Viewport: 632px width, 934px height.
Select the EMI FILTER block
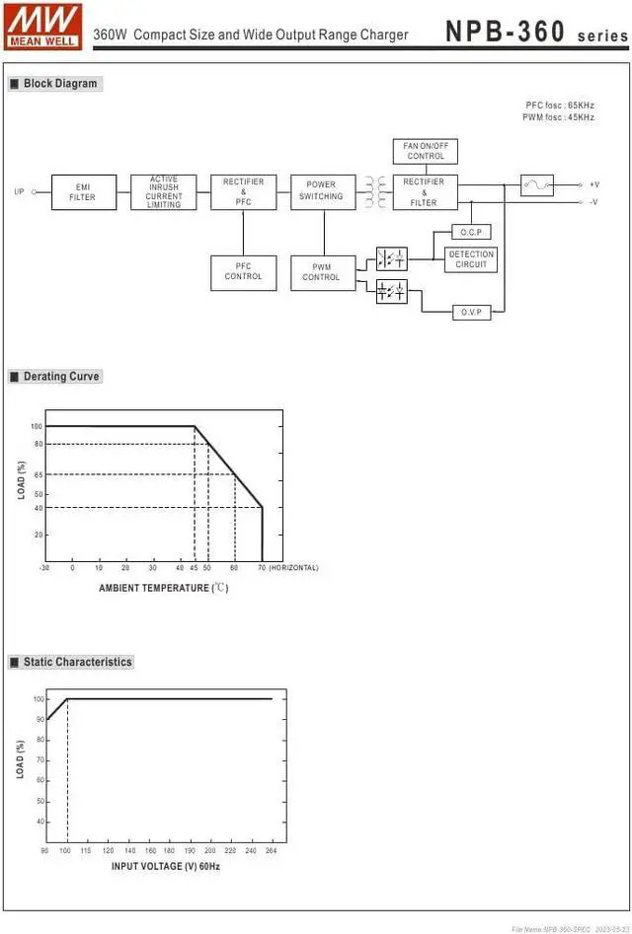click(83, 192)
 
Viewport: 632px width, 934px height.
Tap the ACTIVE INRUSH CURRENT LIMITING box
click(164, 192)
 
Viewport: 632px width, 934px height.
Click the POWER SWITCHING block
click(323, 191)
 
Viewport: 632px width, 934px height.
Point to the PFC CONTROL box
click(243, 272)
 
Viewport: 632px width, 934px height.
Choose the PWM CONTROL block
click(323, 272)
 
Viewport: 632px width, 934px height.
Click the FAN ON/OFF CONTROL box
click(425, 151)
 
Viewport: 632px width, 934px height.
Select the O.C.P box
click(471, 232)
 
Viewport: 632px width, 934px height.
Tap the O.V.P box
click(471, 312)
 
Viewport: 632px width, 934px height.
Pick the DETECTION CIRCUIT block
click(471, 259)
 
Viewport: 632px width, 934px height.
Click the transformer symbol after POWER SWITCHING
click(376, 191)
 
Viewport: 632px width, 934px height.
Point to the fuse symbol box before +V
click(537, 185)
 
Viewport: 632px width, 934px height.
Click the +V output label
click(593, 185)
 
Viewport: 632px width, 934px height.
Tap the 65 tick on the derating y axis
click(38, 475)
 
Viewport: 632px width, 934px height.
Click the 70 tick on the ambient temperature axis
click(262, 568)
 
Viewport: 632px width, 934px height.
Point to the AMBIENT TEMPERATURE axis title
click(163, 588)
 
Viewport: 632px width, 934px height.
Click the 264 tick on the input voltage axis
click(272, 850)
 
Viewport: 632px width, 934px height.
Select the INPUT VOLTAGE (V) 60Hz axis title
click(166, 866)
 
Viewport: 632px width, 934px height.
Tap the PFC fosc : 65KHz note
click(559, 105)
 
